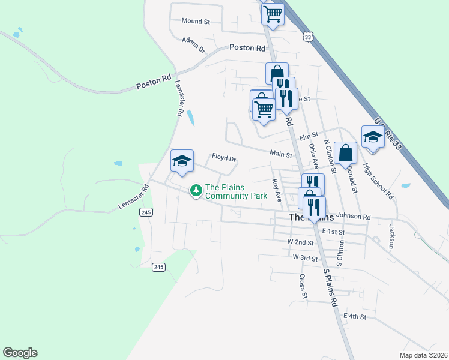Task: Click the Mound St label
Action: tap(195, 21)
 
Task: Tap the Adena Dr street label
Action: tap(193, 44)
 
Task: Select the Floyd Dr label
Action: tap(224, 158)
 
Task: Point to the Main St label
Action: tap(280, 154)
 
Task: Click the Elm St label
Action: tap(308, 137)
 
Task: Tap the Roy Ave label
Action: tap(277, 189)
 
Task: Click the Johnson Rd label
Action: tap(354, 217)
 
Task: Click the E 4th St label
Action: tap(354, 316)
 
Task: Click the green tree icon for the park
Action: tap(195, 191)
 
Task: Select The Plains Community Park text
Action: tap(236, 191)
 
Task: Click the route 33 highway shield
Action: tap(308, 37)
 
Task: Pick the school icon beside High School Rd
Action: tap(373, 137)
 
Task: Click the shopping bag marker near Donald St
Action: tap(346, 154)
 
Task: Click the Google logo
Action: tap(20, 353)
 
